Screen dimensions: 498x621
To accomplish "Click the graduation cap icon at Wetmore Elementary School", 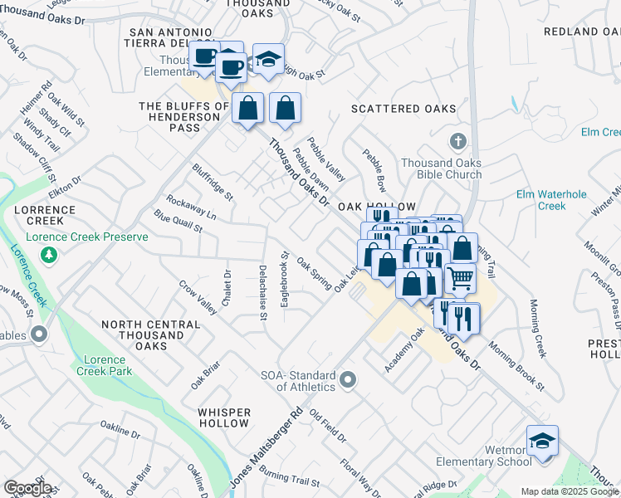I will click(x=542, y=440).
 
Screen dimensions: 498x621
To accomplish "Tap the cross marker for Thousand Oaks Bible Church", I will click(x=456, y=140).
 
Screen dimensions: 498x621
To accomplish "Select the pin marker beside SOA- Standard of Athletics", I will click(x=348, y=380).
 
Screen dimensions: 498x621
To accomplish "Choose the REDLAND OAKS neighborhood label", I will click(x=582, y=32).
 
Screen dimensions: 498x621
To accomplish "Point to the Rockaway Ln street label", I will click(x=190, y=207).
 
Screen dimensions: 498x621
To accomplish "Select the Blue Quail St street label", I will click(x=178, y=222).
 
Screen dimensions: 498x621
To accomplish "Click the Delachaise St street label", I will click(x=262, y=292).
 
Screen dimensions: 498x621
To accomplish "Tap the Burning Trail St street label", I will click(x=288, y=479).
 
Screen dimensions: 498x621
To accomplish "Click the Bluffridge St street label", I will click(x=213, y=182).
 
